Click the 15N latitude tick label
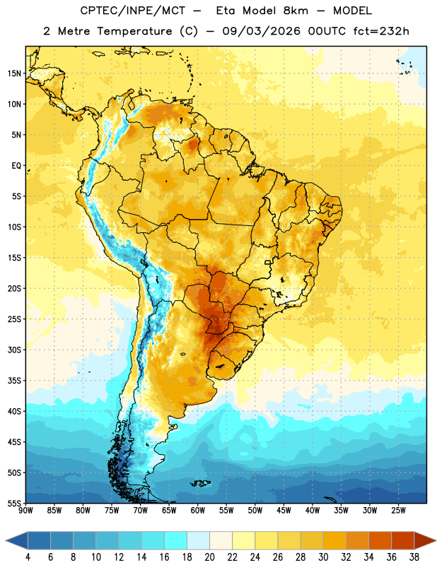pyautogui.click(x=14, y=73)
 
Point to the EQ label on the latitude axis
pyautogui.click(x=16, y=166)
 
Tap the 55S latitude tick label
pyautogui.click(x=14, y=503)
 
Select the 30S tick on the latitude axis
pyautogui.click(x=14, y=350)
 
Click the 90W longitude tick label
pyautogui.click(x=25, y=510)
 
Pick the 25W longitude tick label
pyautogui.click(x=398, y=510)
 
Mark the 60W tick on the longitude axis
pyautogui.click(x=198, y=510)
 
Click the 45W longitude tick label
pyautogui.click(x=284, y=510)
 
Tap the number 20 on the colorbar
pyautogui.click(x=209, y=557)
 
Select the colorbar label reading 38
pyautogui.click(x=414, y=557)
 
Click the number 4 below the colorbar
pyautogui.click(x=28, y=557)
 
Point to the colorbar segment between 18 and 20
pyautogui.click(x=198, y=540)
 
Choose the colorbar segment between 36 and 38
pyautogui.click(x=403, y=540)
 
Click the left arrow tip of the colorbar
pyautogui.click(x=6, y=540)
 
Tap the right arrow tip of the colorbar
pyautogui.click(x=436, y=540)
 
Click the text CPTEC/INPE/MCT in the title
pyautogui.click(x=133, y=11)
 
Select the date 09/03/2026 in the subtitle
pyautogui.click(x=261, y=31)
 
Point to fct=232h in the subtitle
pyautogui.click(x=381, y=31)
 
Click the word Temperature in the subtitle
pyautogui.click(x=134, y=31)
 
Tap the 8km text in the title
pyautogui.click(x=296, y=11)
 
